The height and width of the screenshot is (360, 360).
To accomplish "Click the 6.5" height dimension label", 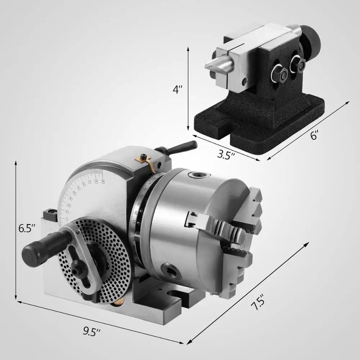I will pos(27,228).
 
